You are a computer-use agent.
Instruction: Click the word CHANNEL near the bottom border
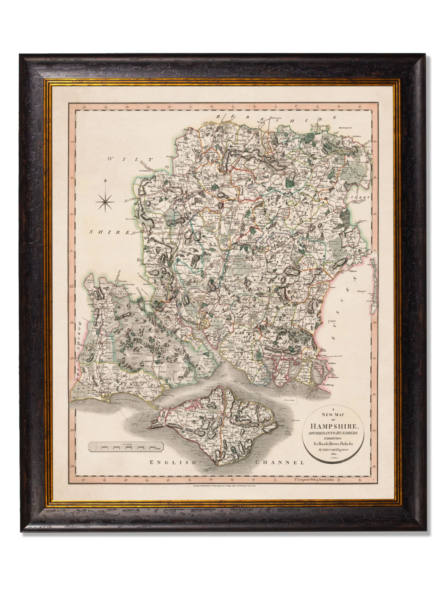point(279,462)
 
